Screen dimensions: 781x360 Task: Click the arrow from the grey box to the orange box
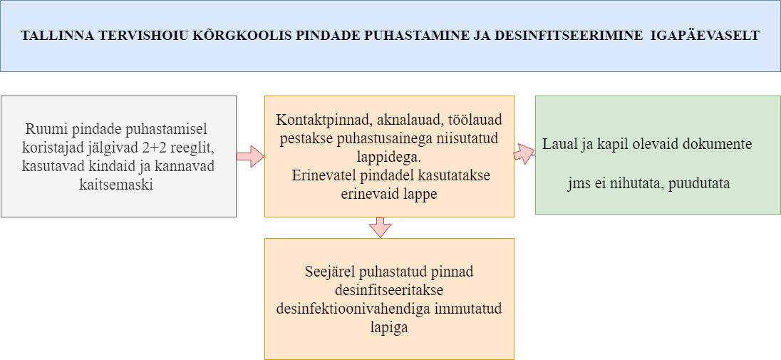[x=250, y=156]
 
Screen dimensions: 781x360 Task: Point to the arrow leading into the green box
[x=524, y=153]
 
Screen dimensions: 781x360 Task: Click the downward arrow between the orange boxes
[x=380, y=227]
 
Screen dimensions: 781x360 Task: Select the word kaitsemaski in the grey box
[x=116, y=185]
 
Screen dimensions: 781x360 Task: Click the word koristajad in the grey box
[x=53, y=148]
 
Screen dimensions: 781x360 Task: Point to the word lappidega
[x=389, y=157]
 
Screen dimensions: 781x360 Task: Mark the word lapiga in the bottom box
[x=389, y=327]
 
